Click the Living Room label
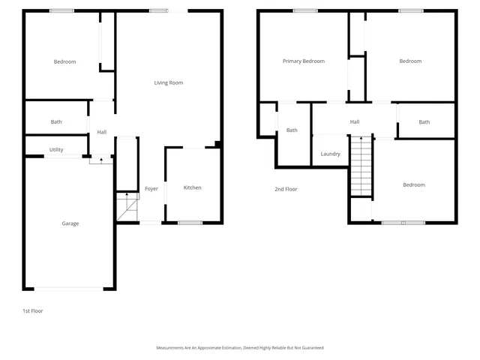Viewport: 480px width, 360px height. point(169,82)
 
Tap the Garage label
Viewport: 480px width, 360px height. point(70,223)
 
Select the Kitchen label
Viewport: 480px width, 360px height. point(193,187)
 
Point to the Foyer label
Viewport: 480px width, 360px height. point(151,189)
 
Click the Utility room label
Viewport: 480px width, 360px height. point(56,150)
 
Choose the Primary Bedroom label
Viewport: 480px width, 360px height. point(304,61)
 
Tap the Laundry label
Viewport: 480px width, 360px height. point(331,154)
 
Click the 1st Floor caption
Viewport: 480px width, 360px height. point(32,310)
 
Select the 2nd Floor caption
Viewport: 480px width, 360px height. point(286,189)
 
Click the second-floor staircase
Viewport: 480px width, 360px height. point(361,165)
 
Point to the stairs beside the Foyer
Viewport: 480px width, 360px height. point(127,207)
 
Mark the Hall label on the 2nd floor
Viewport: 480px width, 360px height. point(355,122)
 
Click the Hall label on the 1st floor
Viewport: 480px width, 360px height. point(102,133)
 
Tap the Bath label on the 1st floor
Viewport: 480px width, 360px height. point(56,122)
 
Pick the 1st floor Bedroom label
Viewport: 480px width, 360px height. point(64,61)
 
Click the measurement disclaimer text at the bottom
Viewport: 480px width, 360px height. point(239,348)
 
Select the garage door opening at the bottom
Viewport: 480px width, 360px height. point(70,289)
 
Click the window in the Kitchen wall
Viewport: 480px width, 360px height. point(190,222)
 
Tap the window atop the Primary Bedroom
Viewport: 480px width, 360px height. point(304,10)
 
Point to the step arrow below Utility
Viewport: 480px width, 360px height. point(101,160)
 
